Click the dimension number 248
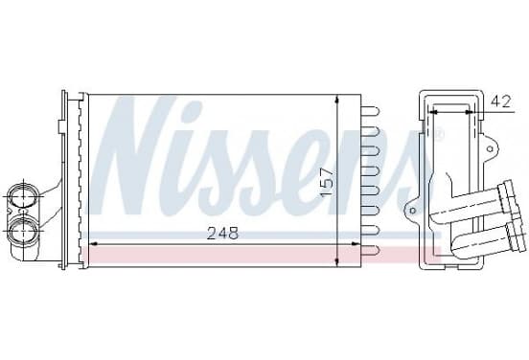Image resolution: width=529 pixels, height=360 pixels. pyautogui.click(x=222, y=233)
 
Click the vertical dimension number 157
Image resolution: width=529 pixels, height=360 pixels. pyautogui.click(x=327, y=183)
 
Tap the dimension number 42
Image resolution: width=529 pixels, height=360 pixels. pyautogui.click(x=500, y=101)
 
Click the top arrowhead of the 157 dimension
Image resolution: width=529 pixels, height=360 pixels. pyautogui.click(x=337, y=100)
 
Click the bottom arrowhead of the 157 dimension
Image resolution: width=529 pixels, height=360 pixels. pyautogui.click(x=337, y=262)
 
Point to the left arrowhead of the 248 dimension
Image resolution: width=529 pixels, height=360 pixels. pyautogui.click(x=94, y=243)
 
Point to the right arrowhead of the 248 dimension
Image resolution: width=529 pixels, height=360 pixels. pyautogui.click(x=356, y=243)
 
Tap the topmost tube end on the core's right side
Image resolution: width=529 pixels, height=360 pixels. pyautogui.click(x=371, y=111)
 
